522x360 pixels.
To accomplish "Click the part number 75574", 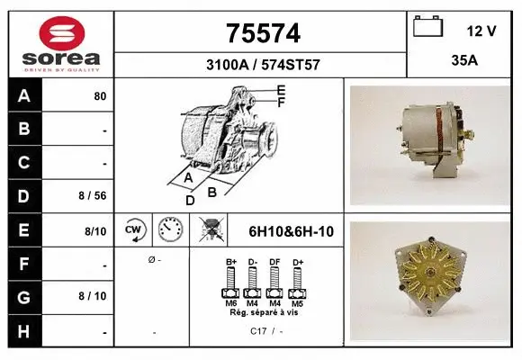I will tap(261, 34).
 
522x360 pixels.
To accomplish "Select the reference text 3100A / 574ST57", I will tap(261, 66).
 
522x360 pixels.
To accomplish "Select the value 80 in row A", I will tap(100, 96).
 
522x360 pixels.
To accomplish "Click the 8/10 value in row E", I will tap(94, 231).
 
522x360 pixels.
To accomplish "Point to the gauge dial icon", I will tap(170, 230).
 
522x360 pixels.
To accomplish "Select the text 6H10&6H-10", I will tap(291, 231).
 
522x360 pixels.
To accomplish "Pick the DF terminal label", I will tap(274, 262).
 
